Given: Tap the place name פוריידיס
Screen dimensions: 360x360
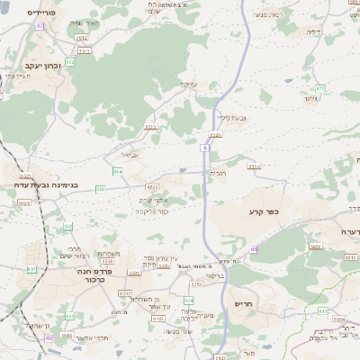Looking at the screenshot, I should [x=42, y=13].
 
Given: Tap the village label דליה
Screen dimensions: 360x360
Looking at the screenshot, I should [x=338, y=31].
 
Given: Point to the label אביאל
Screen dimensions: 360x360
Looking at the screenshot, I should [x=129, y=154].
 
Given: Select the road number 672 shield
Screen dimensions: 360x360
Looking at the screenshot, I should [x=321, y=88].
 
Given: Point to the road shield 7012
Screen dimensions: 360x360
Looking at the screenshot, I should [x=82, y=38].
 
